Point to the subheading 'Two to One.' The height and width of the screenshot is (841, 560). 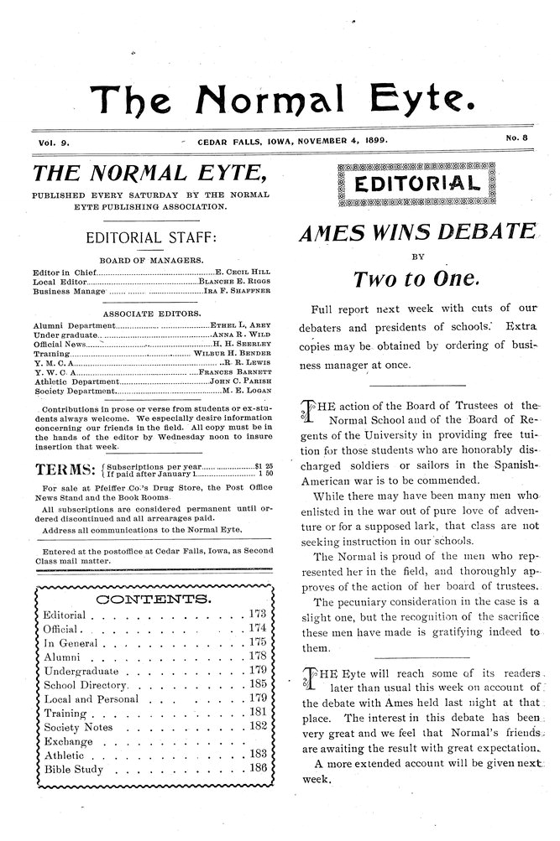[416, 278]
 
